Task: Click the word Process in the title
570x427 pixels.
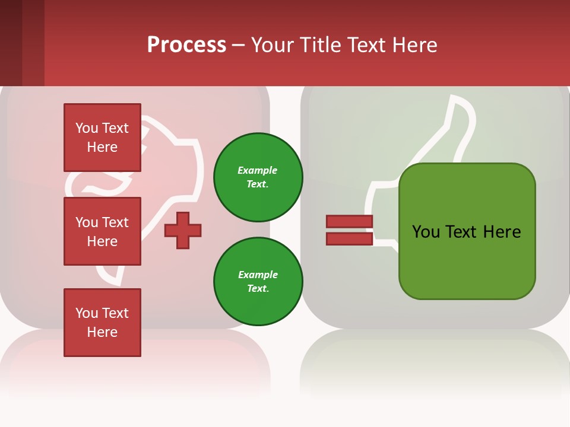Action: coord(186,45)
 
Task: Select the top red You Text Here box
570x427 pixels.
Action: coord(102,138)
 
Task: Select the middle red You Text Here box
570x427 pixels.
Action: coord(102,231)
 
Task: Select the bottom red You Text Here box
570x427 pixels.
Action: coord(102,323)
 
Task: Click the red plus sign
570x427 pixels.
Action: coord(183,230)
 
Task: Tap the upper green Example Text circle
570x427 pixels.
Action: coord(258,177)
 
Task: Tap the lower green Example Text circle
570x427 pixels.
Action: coord(258,282)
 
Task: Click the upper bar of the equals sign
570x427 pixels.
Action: coord(349,221)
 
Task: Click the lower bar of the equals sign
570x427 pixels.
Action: coord(349,238)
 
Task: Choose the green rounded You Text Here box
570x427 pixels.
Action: coord(467,231)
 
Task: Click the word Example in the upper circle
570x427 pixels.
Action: coord(258,170)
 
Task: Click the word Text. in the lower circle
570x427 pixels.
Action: coord(258,289)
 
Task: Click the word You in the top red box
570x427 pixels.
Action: coord(87,128)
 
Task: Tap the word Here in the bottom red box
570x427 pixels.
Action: coord(102,332)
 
